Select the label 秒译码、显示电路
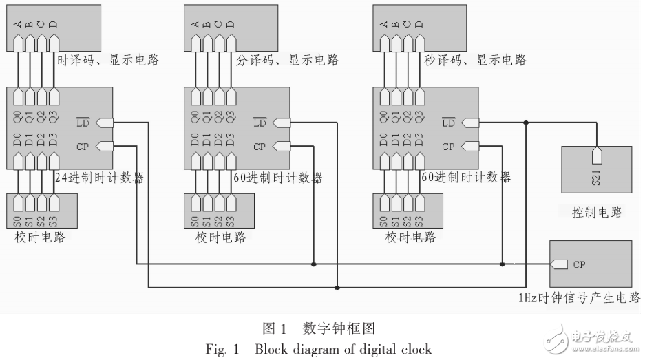pyautogui.click(x=476, y=60)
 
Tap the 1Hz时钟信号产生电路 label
pyautogui.click(x=580, y=297)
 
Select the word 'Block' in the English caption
pyautogui.click(x=272, y=349)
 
